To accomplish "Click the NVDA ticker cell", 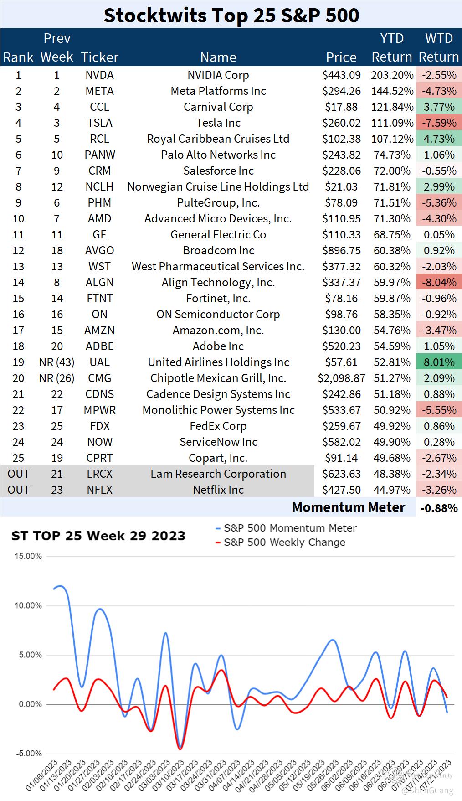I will pyautogui.click(x=99, y=75).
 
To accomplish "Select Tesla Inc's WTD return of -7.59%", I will pyautogui.click(x=439, y=123).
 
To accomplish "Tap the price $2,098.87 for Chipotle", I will pyautogui.click(x=341, y=378).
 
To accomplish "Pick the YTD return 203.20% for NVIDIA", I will pyautogui.click(x=392, y=75).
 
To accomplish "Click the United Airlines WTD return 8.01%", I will pyautogui.click(x=439, y=362).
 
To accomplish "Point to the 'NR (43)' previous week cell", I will pyautogui.click(x=56, y=362).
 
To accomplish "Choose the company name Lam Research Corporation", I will pyautogui.click(x=218, y=474).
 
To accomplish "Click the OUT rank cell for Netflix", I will pyautogui.click(x=18, y=490).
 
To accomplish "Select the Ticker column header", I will pyautogui.click(x=99, y=57).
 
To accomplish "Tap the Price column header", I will pyautogui.click(x=341, y=57).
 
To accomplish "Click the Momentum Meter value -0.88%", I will pyautogui.click(x=439, y=508).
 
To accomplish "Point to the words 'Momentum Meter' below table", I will pyautogui.click(x=349, y=507).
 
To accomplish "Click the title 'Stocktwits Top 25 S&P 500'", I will pyautogui.click(x=231, y=15).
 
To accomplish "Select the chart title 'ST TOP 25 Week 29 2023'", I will pyautogui.click(x=98, y=535).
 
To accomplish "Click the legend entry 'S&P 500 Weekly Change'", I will pyautogui.click(x=284, y=542).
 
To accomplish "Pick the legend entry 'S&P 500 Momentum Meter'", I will pyautogui.click(x=290, y=528).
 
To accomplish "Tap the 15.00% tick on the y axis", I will pyautogui.click(x=28, y=556).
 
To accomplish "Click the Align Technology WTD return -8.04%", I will pyautogui.click(x=439, y=282).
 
